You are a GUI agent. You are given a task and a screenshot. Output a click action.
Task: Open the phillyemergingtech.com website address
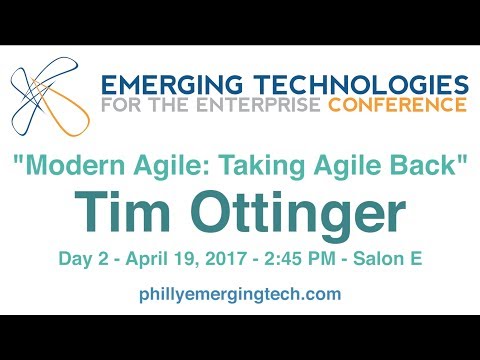click(240, 294)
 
